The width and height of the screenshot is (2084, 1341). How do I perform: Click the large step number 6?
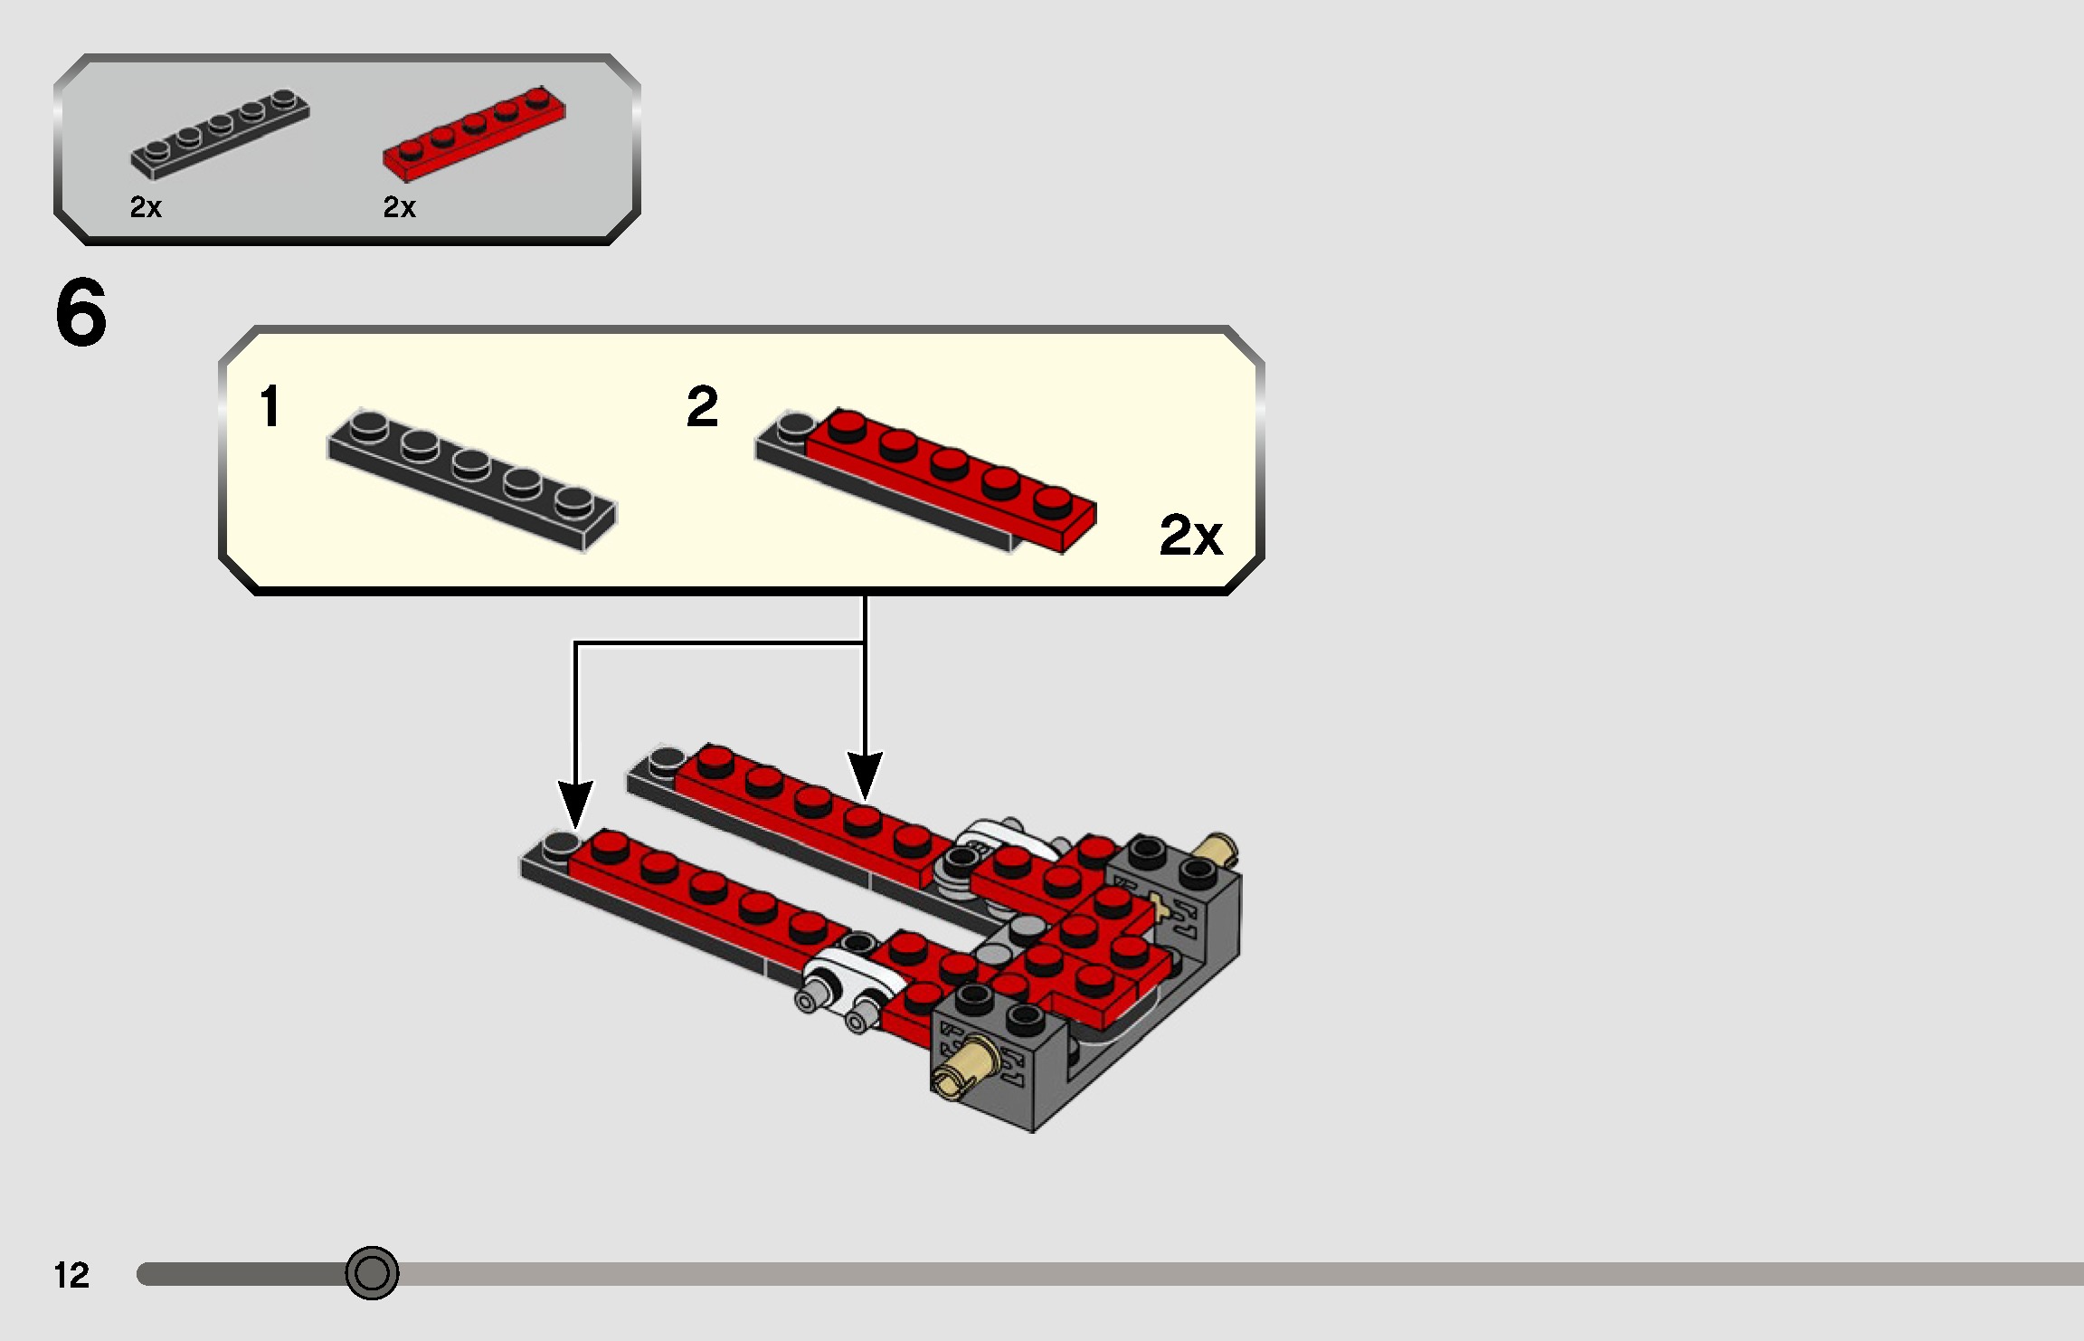click(x=81, y=313)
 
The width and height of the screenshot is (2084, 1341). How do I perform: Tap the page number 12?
click(x=71, y=1275)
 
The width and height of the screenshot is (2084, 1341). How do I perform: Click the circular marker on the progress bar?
click(x=372, y=1273)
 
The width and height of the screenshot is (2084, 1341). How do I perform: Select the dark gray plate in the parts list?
click(x=220, y=134)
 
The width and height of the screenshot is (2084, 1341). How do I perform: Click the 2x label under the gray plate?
click(x=146, y=207)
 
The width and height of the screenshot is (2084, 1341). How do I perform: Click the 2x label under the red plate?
click(x=399, y=207)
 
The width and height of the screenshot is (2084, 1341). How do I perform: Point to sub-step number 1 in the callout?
click(x=270, y=405)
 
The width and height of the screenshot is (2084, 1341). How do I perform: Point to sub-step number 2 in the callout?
click(x=702, y=406)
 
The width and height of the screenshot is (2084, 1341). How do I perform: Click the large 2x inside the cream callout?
click(x=1190, y=535)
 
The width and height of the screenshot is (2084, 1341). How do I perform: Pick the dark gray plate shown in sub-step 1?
click(x=471, y=479)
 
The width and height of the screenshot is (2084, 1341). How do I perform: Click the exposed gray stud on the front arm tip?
click(x=560, y=844)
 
